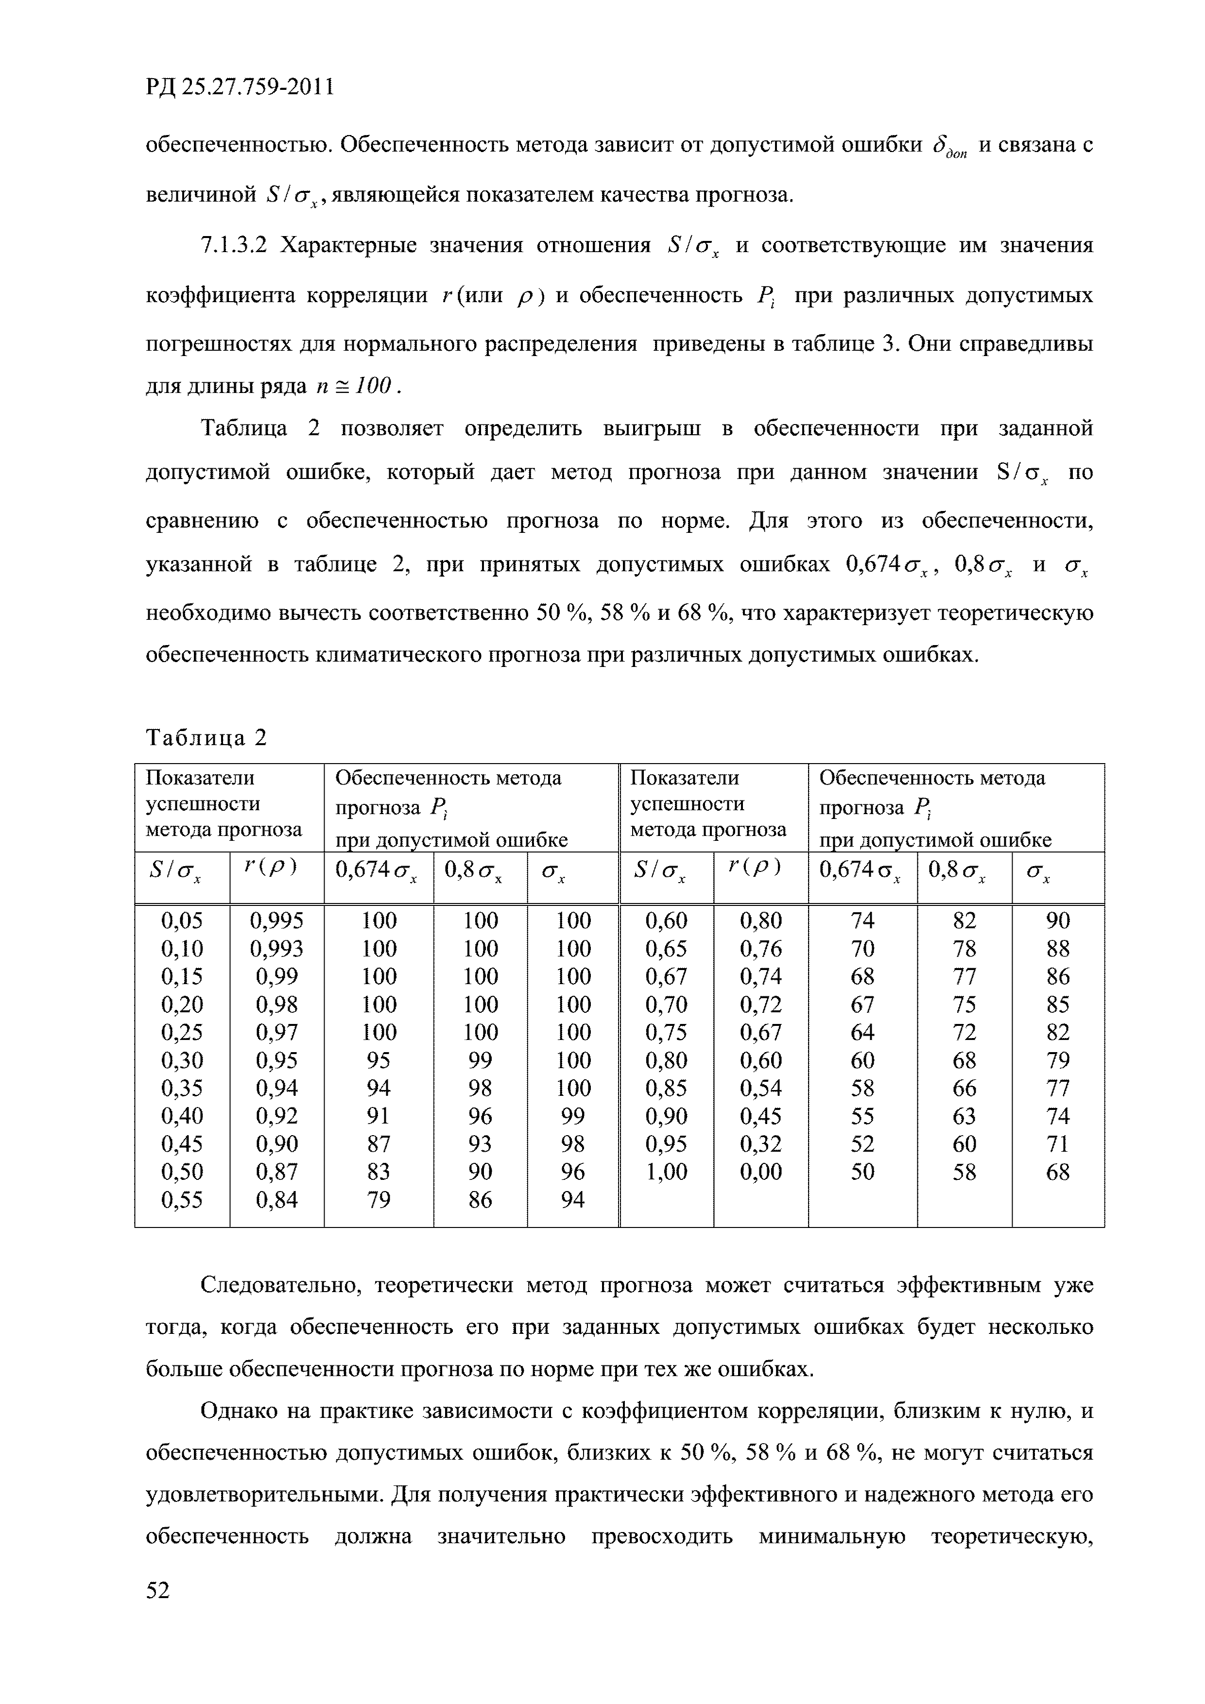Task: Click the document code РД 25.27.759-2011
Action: point(239,87)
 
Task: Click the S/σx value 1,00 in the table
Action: point(666,1172)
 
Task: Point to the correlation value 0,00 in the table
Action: point(760,1172)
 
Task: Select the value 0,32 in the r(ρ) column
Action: point(760,1143)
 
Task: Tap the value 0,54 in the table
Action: point(760,1088)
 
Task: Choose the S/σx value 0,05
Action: point(182,921)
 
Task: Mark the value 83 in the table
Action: point(379,1172)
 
